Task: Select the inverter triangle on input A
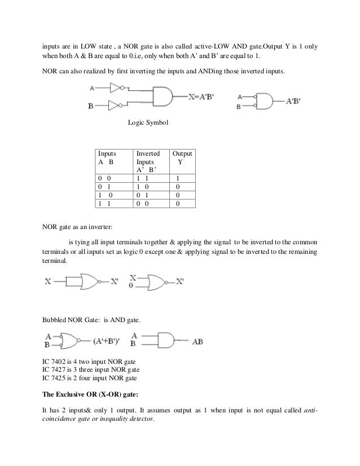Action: click(x=116, y=88)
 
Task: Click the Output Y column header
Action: click(x=182, y=157)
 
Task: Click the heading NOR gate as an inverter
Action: click(x=78, y=228)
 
